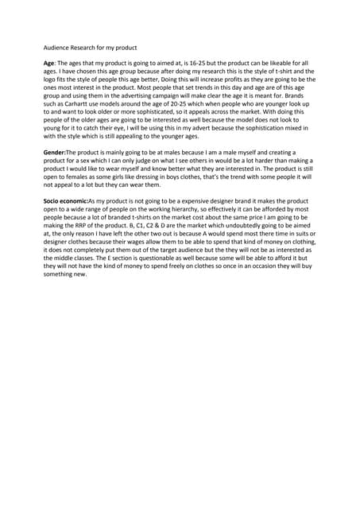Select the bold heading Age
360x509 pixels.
coord(49,62)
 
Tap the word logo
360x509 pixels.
coord(51,80)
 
